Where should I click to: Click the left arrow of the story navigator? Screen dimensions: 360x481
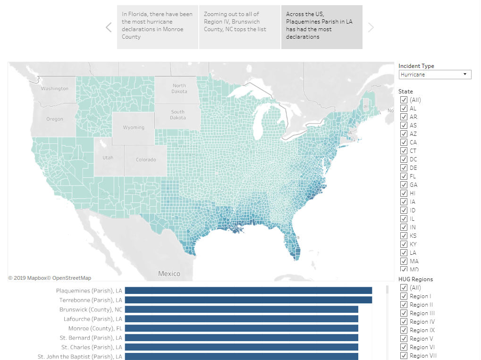[x=109, y=27]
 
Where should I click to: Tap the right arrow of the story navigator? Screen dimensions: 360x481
[x=371, y=27]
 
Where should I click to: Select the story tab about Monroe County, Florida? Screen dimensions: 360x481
[x=158, y=27]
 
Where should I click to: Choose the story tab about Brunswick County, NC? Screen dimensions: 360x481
[x=239, y=27]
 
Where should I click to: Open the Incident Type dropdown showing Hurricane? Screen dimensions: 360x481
[x=434, y=75]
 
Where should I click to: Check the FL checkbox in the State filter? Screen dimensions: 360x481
[x=404, y=176]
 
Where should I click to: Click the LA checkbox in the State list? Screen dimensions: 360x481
[x=404, y=253]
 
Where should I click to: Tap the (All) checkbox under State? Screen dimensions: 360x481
[x=404, y=100]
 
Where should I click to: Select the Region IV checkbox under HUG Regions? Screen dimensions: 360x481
[x=404, y=322]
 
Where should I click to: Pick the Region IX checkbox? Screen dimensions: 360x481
[x=404, y=330]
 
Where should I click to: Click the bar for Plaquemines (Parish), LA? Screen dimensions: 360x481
[x=248, y=291]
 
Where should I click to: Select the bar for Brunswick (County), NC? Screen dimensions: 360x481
[x=241, y=310]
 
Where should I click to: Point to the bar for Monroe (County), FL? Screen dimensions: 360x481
[x=241, y=328]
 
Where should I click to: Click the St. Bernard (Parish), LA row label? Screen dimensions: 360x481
[x=91, y=338]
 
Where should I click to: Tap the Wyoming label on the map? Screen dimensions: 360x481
[x=134, y=127]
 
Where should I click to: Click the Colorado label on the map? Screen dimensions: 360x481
[x=146, y=159]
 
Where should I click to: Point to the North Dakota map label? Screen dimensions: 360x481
[x=179, y=88]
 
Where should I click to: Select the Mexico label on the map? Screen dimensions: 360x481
[x=169, y=274]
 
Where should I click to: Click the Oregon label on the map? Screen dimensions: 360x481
[x=55, y=119]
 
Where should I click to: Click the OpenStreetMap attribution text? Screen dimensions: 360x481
[x=72, y=278]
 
